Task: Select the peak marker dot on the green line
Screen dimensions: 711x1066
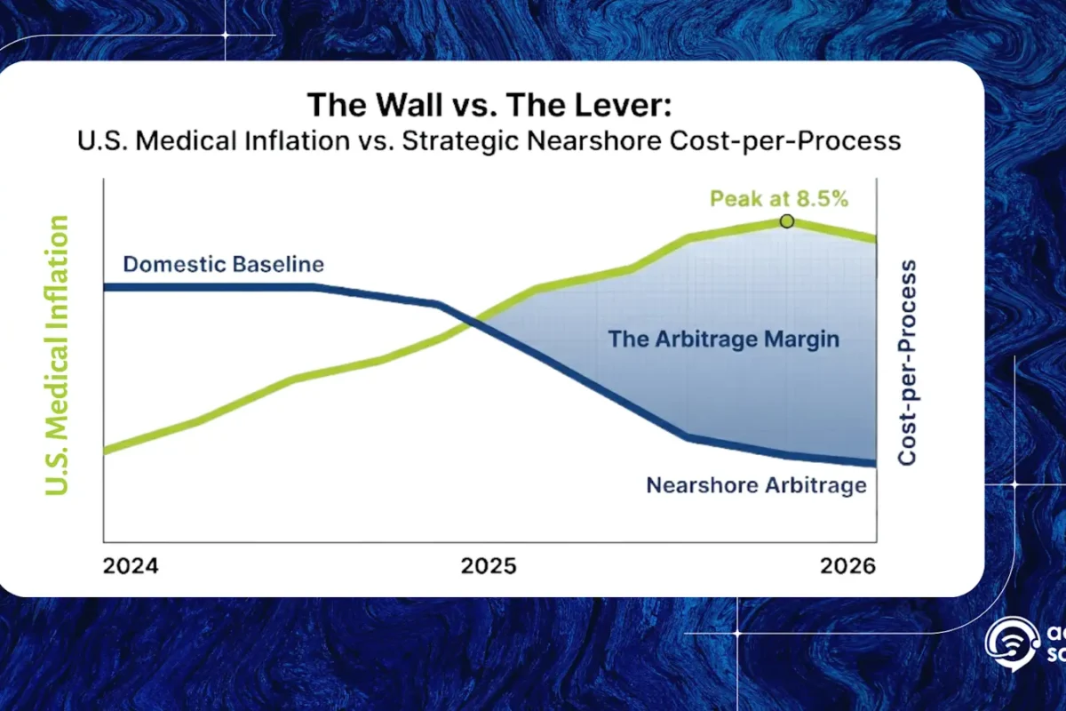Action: tap(786, 220)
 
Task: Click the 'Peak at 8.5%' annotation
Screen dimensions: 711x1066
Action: tap(778, 198)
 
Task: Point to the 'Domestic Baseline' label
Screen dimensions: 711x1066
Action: tap(223, 264)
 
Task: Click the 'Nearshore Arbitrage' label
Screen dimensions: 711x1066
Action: tap(755, 485)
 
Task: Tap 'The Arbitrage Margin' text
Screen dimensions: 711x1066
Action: tap(723, 339)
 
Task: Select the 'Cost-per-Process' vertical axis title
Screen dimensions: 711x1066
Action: tap(906, 363)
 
